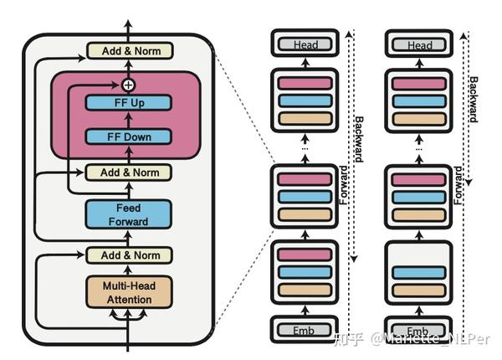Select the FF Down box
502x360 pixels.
[128, 136]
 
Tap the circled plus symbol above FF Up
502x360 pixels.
[128, 85]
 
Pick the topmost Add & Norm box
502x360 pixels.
[128, 51]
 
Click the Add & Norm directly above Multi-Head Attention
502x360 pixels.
[128, 255]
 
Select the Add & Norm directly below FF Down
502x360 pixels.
[128, 172]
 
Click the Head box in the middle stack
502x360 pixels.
[305, 44]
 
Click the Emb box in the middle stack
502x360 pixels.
[305, 329]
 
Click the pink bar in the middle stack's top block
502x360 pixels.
[305, 84]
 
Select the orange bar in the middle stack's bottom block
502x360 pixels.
[305, 289]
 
